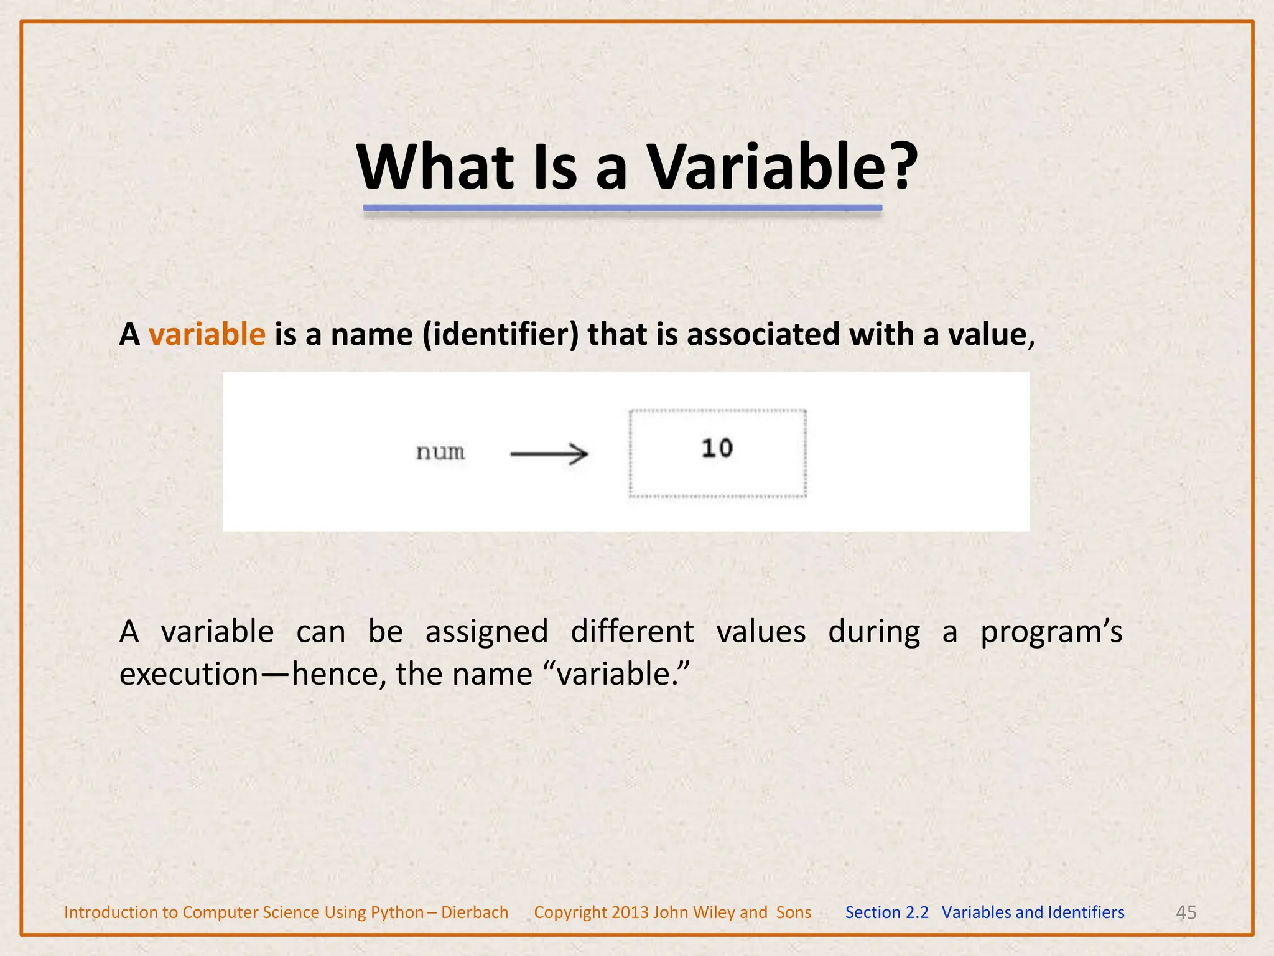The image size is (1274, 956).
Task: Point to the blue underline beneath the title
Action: point(623,208)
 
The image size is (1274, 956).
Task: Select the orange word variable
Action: point(207,334)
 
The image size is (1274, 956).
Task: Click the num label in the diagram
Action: point(440,452)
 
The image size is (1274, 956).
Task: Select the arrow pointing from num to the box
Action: point(549,454)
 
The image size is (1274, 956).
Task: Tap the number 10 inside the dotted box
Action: point(717,449)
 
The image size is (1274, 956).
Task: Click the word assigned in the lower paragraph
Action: point(486,632)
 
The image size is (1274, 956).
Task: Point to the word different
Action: point(632,631)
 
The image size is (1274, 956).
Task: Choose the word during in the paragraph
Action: point(874,632)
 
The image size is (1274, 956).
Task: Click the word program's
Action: point(1051,632)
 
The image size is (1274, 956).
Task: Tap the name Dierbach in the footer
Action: point(475,912)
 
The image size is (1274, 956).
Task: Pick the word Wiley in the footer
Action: point(715,912)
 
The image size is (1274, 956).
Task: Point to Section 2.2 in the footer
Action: point(886,912)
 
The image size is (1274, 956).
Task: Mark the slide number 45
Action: point(1186,912)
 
